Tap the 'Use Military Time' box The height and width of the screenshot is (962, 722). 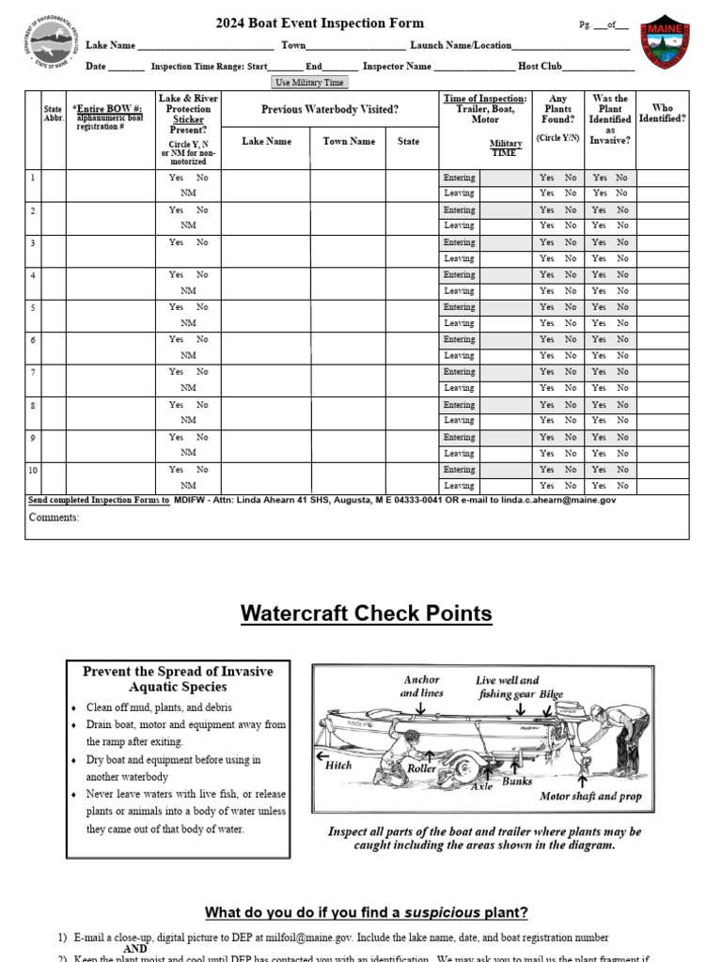(309, 83)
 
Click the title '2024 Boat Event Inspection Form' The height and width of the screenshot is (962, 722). (320, 23)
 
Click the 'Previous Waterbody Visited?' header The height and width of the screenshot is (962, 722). (329, 110)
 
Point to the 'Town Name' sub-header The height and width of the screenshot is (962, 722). (348, 141)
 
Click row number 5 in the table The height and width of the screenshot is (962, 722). (33, 307)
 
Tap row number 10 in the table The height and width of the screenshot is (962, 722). (34, 470)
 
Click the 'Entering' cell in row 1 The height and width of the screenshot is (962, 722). (459, 178)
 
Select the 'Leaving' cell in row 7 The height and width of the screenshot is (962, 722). (459, 388)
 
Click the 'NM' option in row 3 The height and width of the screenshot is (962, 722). (188, 258)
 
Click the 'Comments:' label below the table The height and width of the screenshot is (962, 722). (54, 518)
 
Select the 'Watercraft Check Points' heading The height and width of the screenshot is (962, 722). (366, 613)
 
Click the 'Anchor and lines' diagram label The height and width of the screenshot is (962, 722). (421, 687)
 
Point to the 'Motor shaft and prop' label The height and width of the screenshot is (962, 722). (591, 796)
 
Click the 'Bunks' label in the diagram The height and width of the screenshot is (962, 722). (517, 781)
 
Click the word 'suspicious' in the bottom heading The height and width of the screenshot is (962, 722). (442, 912)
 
